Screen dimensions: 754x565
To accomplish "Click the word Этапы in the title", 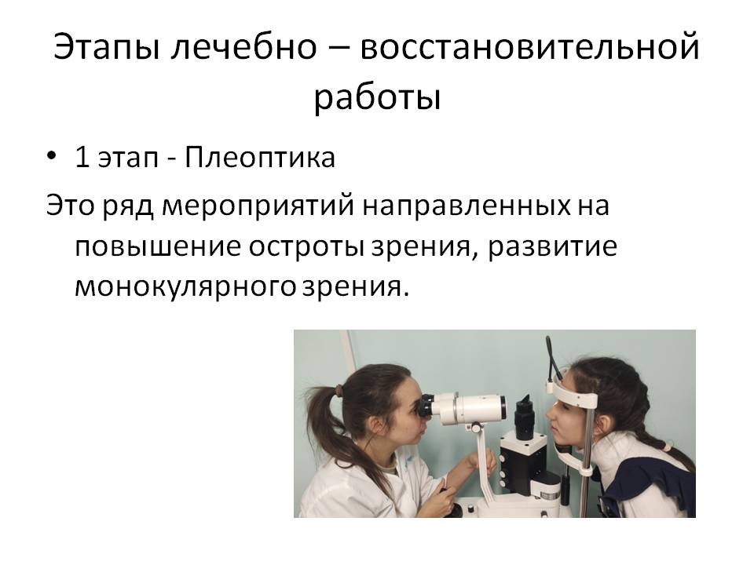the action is [106, 46].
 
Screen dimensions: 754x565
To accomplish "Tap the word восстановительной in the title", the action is [529, 46].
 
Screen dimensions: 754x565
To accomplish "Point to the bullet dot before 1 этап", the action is [52, 157].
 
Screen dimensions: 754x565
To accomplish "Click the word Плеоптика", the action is [260, 157].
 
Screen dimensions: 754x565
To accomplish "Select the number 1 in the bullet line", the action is [82, 157].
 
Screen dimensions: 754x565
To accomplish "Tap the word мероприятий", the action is [258, 206].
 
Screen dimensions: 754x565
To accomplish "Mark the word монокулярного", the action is [185, 288].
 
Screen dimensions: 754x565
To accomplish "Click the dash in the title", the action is [339, 49].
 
